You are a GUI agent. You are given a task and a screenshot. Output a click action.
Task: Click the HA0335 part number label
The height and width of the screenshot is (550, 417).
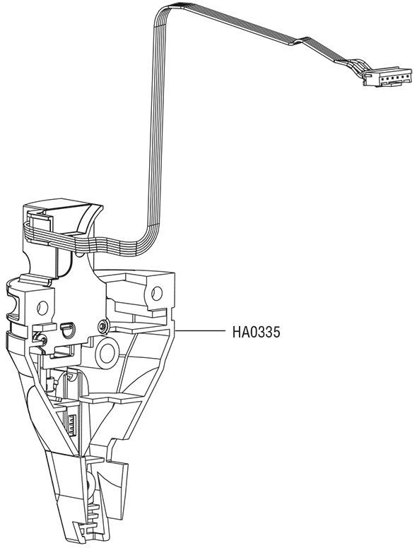point(257,332)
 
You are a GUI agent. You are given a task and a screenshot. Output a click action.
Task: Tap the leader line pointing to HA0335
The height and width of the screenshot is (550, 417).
point(199,330)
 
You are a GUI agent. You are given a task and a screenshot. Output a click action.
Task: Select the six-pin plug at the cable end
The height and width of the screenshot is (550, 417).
point(387,77)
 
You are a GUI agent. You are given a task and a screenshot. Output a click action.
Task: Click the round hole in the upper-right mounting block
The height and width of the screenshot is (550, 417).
point(157,292)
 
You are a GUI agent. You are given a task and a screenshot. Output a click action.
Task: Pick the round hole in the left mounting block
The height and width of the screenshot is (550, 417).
point(42,308)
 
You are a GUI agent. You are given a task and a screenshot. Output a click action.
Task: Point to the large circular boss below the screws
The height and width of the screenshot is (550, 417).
point(107,353)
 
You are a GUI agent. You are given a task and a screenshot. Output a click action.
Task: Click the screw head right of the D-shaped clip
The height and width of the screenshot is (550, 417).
point(103,326)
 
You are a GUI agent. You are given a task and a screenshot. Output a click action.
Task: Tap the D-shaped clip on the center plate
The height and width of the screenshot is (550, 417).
point(66,330)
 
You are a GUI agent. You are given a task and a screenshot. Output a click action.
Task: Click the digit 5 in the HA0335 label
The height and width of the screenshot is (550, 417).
point(277,332)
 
